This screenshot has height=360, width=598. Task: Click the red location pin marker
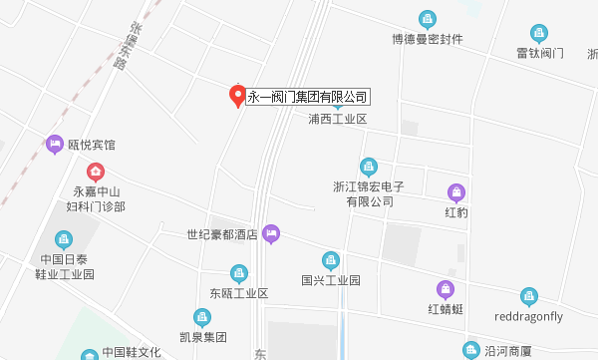[237, 95]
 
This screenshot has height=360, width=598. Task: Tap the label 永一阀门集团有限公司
[308, 97]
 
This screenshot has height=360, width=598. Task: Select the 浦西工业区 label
[338, 120]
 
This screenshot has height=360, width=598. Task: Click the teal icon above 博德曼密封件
[428, 19]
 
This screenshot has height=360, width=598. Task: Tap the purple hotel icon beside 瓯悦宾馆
[55, 145]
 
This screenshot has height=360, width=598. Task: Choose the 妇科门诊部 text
[96, 207]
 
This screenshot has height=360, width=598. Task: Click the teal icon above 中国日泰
[64, 239]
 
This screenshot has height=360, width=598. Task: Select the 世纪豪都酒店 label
[222, 235]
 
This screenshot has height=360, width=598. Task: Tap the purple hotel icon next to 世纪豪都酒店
[271, 235]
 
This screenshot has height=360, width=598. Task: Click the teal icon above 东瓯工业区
[238, 272]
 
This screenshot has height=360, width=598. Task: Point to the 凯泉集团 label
[202, 337]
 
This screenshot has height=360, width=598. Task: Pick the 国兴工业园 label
[330, 281]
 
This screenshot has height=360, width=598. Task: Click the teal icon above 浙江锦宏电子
[369, 166]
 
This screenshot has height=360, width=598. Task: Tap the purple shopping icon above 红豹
[456, 191]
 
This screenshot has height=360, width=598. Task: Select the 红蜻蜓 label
[446, 309]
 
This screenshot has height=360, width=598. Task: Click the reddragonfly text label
[529, 316]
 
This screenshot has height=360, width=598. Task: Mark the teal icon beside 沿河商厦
[471, 349]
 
